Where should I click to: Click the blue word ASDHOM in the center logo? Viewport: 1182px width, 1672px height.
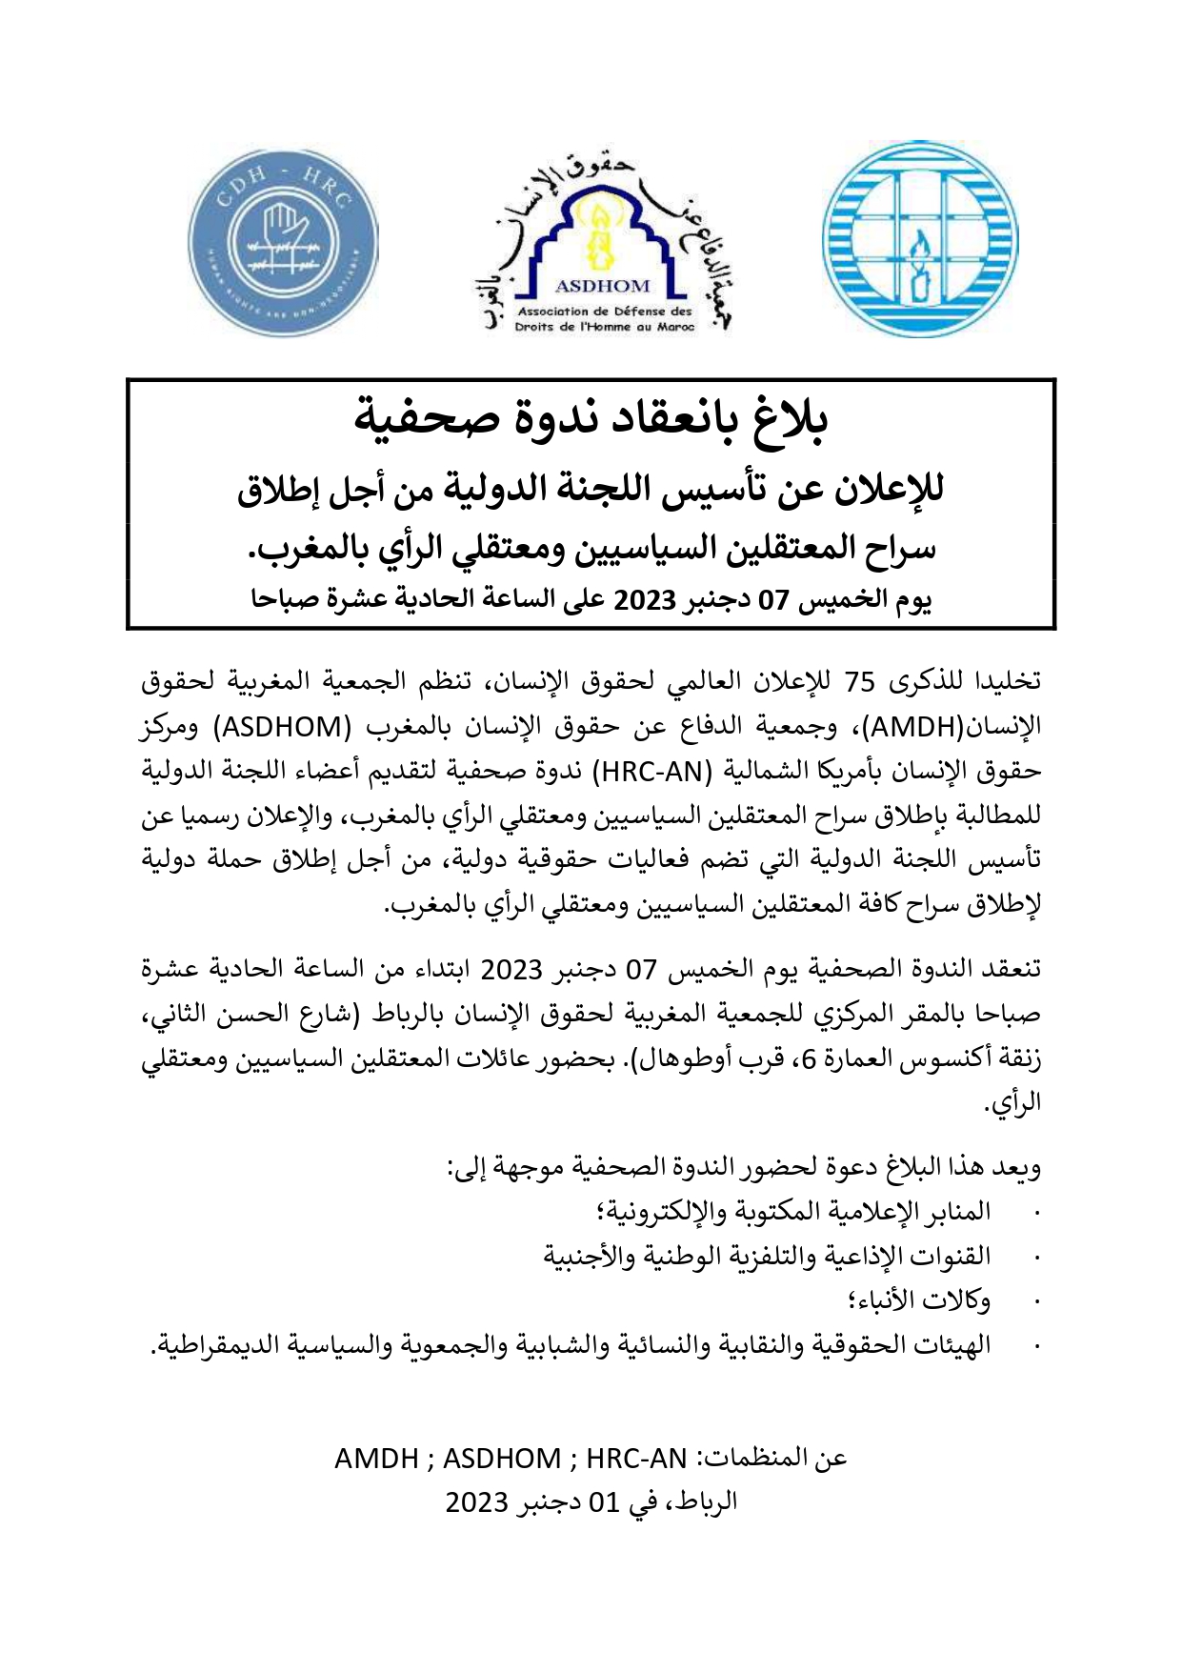[602, 285]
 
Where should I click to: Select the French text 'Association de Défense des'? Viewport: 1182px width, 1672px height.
[605, 312]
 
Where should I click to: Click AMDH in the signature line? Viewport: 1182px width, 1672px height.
[376, 1459]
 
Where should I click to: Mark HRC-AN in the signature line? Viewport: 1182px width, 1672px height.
[635, 1459]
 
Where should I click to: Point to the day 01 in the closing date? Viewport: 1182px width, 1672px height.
[604, 1502]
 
